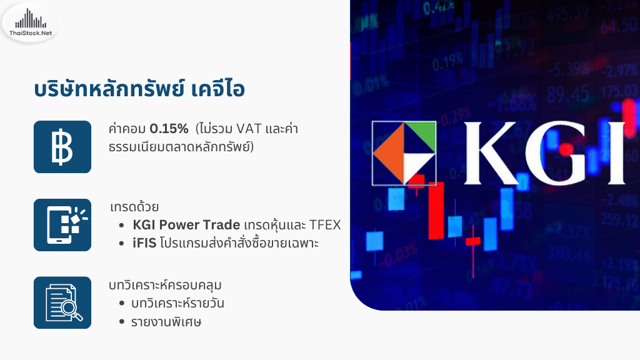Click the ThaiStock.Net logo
tap(31, 23)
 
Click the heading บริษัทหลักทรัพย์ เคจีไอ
tap(139, 89)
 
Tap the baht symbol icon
tap(62, 147)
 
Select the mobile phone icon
tap(62, 225)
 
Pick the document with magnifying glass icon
tap(62, 302)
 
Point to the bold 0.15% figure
tap(169, 129)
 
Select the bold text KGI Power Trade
tap(186, 225)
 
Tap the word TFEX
tap(324, 225)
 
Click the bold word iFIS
tap(144, 243)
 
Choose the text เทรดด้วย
tap(134, 207)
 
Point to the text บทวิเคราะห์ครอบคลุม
tap(165, 285)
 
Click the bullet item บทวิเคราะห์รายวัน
tap(177, 303)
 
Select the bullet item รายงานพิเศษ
tap(166, 322)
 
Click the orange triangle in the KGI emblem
tap(389, 152)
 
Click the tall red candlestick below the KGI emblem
tap(436, 210)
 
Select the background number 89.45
tap(567, 94)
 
